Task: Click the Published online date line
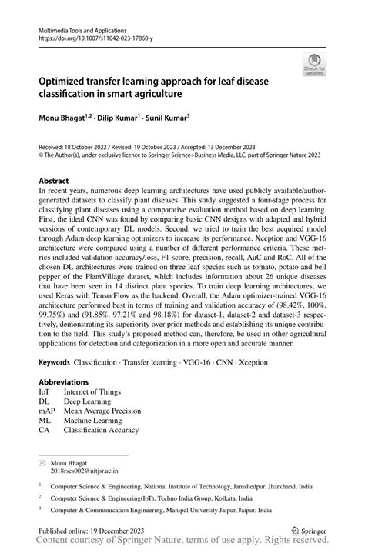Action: (88, 531)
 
